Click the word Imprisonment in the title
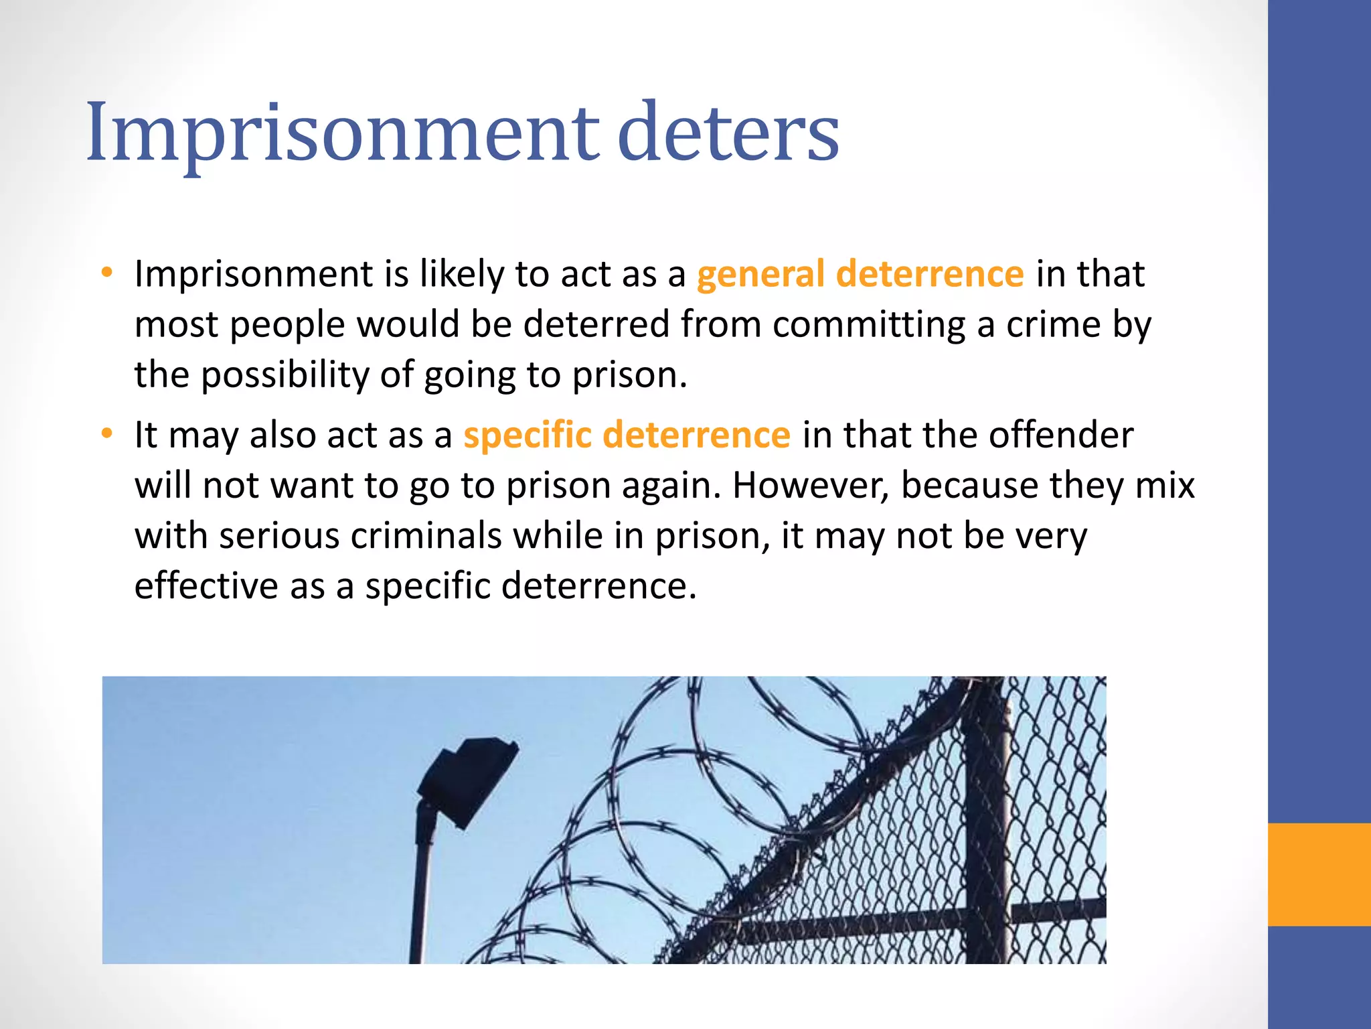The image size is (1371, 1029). click(x=342, y=133)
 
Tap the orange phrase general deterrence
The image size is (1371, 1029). click(x=860, y=274)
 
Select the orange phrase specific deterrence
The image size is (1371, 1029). click(x=627, y=435)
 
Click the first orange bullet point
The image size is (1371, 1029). click(x=106, y=273)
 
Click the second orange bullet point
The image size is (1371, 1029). click(x=106, y=434)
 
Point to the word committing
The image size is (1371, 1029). click(x=869, y=325)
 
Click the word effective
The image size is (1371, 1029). click(x=206, y=586)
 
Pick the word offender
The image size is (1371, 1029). click(x=1061, y=435)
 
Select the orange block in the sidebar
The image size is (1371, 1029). click(x=1319, y=874)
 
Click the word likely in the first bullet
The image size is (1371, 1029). click(x=461, y=274)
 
